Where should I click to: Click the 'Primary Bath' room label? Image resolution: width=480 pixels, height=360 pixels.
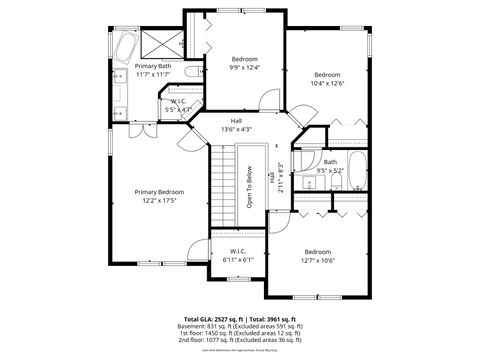coord(153,66)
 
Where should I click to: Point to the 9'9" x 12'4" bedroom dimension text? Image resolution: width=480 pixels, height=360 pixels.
coord(245,68)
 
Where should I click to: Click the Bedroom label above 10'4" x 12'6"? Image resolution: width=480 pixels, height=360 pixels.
coord(327,75)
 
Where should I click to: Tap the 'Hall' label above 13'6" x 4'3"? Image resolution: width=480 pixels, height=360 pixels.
coord(236,120)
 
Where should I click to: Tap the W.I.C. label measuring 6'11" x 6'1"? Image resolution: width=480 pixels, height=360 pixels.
coord(239,251)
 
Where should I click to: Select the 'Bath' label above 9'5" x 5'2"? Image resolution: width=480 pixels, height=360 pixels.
coord(330,161)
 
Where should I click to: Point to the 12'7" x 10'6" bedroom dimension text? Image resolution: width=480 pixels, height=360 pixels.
coord(317,260)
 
